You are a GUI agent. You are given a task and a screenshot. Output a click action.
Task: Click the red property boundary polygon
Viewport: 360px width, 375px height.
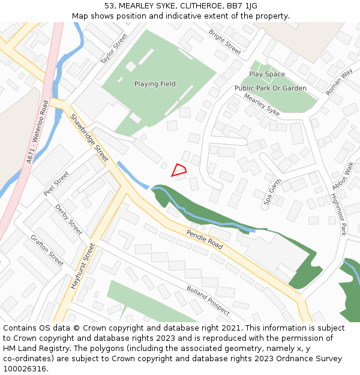(x=179, y=170)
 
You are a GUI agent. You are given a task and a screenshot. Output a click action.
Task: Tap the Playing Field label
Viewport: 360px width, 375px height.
(x=155, y=84)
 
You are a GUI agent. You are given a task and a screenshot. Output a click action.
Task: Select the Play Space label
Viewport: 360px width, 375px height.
(x=267, y=74)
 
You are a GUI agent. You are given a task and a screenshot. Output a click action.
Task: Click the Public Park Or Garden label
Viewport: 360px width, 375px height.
(x=270, y=88)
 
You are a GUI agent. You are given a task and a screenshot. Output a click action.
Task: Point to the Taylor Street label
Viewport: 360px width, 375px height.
(x=114, y=49)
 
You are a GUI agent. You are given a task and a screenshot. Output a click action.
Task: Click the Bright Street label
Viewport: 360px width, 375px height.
(x=225, y=42)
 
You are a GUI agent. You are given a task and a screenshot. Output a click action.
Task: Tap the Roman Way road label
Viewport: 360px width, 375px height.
(x=339, y=82)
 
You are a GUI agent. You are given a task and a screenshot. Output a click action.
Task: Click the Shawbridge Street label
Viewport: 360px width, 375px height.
(x=89, y=138)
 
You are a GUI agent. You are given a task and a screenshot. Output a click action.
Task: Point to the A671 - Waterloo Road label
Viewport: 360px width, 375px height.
(x=37, y=132)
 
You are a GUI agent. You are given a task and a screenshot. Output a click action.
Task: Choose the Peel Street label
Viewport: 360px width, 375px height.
(x=56, y=184)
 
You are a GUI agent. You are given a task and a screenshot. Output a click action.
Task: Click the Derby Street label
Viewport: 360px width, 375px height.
(x=68, y=220)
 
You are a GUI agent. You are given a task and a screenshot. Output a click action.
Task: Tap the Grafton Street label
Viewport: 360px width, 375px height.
(x=47, y=250)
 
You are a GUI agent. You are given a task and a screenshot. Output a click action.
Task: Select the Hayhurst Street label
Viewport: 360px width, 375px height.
(x=83, y=266)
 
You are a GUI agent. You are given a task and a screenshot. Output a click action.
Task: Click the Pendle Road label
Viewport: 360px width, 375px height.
(x=204, y=239)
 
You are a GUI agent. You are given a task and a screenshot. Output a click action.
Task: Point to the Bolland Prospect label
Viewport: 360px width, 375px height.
(x=208, y=300)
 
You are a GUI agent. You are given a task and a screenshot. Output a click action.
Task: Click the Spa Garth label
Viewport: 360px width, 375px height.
(x=272, y=193)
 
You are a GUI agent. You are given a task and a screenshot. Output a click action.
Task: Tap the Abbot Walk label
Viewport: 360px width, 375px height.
(x=343, y=176)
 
